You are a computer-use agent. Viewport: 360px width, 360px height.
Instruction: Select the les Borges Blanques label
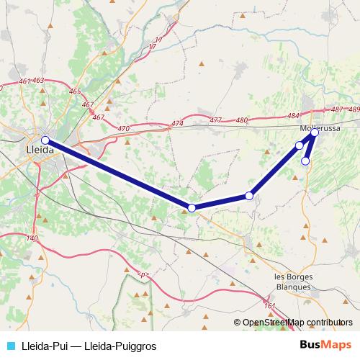pyautogui.click(x=293, y=282)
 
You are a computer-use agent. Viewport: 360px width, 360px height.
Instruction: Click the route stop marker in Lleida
pyautogui.click(x=45, y=140)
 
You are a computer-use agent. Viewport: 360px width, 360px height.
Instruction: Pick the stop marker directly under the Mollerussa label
pyautogui.click(x=315, y=132)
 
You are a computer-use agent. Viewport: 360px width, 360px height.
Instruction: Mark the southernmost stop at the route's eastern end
pyautogui.click(x=305, y=161)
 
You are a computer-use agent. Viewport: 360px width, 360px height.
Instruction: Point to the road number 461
pyautogui.click(x=25, y=81)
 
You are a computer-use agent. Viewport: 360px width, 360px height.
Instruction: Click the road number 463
pyautogui.click(x=38, y=80)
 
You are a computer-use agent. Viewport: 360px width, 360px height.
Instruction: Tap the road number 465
pyautogui.click(x=76, y=91)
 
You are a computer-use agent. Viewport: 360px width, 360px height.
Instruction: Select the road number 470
pyautogui.click(x=123, y=128)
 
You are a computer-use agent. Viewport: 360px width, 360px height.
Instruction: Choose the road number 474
pyautogui.click(x=178, y=125)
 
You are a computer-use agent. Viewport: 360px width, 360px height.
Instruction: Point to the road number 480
pyautogui.click(x=242, y=120)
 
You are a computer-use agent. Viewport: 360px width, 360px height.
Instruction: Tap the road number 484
pyautogui.click(x=292, y=115)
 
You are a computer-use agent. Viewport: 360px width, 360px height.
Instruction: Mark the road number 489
pyautogui.click(x=353, y=109)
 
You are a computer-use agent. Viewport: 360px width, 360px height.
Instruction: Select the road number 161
pyautogui.click(x=269, y=306)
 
